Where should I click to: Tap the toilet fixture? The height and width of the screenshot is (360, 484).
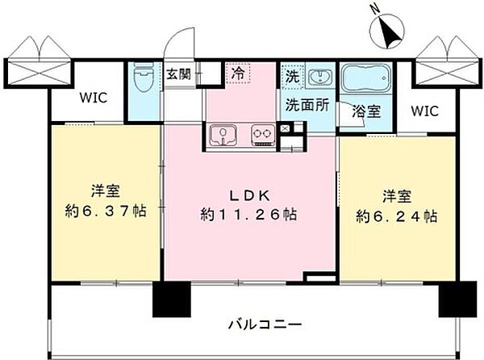pyautogui.click(x=144, y=77)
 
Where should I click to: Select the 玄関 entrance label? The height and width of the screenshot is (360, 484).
pyautogui.click(x=178, y=74)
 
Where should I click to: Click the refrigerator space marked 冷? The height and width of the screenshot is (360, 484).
pyautogui.click(x=238, y=73)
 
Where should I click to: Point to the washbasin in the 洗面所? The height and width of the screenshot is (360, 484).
pyautogui.click(x=321, y=76)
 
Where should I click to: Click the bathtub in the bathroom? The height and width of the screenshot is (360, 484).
pyautogui.click(x=366, y=77)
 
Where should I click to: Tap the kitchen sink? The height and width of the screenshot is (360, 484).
pyautogui.click(x=223, y=135)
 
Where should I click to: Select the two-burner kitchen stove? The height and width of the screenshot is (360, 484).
pyautogui.click(x=263, y=135)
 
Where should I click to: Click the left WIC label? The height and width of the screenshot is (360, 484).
pyautogui.click(x=94, y=98)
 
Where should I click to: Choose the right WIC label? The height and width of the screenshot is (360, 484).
pyautogui.click(x=425, y=111)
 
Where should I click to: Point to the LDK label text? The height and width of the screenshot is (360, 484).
pyautogui.click(x=249, y=195)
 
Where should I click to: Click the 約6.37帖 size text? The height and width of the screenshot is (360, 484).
pyautogui.click(x=106, y=211)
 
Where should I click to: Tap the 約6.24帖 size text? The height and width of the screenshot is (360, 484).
pyautogui.click(x=397, y=216)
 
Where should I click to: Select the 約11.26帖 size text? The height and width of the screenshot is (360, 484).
pyautogui.click(x=248, y=215)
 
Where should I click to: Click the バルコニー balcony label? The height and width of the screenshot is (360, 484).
pyautogui.click(x=265, y=324)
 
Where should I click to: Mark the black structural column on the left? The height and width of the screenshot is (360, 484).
pyautogui.click(x=172, y=299)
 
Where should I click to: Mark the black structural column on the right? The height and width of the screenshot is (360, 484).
pyautogui.click(x=457, y=299)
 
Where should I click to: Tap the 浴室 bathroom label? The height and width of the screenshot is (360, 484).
pyautogui.click(x=366, y=111)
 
